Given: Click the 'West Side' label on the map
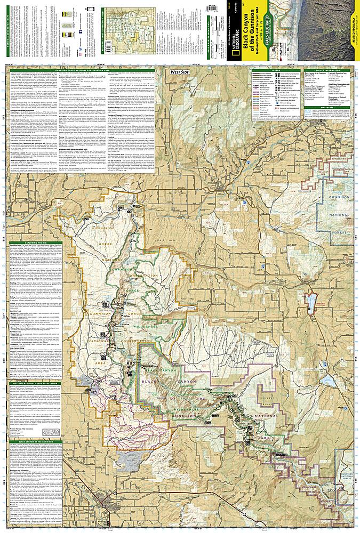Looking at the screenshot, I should [x=182, y=71].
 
